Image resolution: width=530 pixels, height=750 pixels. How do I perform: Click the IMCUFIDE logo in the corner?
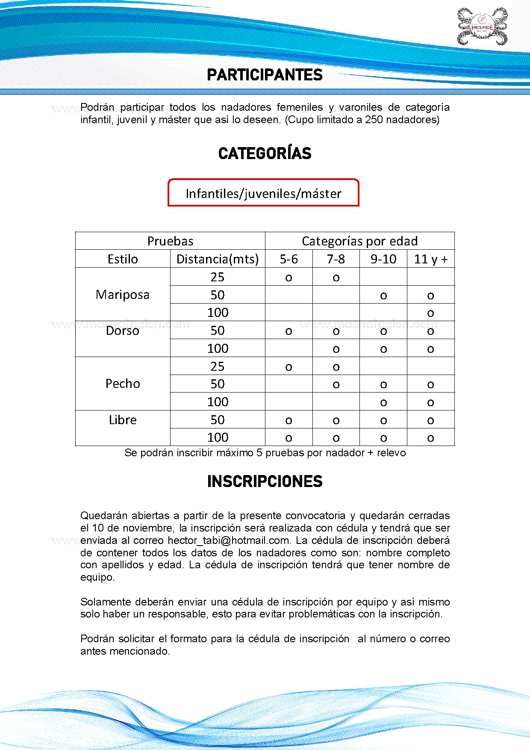pos(482,27)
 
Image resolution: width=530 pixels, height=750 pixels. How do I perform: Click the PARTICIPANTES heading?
pos(265,75)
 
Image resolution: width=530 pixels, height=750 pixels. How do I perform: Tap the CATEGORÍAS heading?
pos(265,154)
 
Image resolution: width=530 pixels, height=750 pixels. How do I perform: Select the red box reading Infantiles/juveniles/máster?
pos(263,193)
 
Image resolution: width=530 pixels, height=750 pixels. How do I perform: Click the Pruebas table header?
pos(170,241)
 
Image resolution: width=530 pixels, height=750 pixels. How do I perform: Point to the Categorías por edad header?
pos(359,241)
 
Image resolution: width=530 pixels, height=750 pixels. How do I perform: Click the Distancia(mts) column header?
pos(218,259)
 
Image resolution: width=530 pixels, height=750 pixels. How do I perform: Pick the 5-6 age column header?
pos(289,259)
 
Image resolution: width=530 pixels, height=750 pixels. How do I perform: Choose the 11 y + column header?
pos(430,259)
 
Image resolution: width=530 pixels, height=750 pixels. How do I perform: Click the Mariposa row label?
pos(123,295)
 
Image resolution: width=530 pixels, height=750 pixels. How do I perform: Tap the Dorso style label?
pos(123,331)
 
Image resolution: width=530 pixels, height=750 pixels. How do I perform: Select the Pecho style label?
pos(123,384)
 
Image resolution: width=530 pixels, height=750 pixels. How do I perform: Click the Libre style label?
pos(123,420)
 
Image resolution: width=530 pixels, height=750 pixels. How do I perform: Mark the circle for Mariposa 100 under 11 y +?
pos(430,313)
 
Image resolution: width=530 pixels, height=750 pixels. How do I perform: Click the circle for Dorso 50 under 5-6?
pos(289,331)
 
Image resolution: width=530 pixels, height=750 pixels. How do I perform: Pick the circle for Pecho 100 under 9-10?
pos(383,403)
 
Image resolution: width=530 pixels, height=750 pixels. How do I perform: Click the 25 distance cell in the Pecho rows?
pos(218,366)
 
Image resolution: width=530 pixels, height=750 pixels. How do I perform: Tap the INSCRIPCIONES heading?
pos(265,481)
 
